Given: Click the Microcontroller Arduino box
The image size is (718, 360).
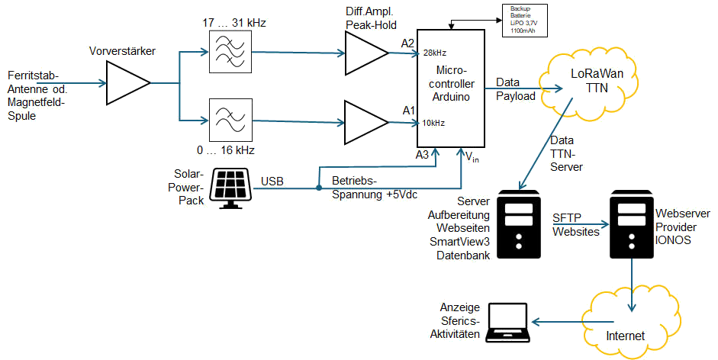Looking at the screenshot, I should click(x=451, y=88).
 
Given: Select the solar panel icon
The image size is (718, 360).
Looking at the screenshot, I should click(x=231, y=187).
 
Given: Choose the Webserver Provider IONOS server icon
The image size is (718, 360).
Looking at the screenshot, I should click(x=632, y=225).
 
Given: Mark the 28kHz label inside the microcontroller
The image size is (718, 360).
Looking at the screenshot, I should click(x=434, y=53).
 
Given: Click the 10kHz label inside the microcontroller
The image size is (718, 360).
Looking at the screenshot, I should click(x=433, y=122).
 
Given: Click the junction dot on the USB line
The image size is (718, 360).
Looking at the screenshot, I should click(x=317, y=186).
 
